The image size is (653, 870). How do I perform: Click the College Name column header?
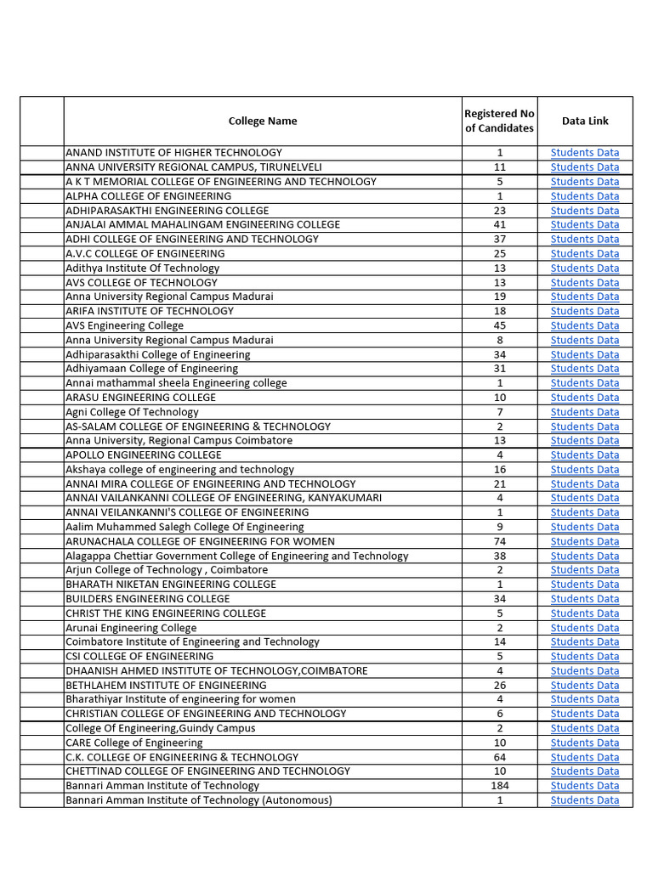click(x=263, y=121)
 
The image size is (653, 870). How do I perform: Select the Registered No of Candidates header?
click(x=499, y=121)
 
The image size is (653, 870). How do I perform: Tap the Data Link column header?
click(x=585, y=121)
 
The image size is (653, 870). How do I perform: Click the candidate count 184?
click(x=499, y=786)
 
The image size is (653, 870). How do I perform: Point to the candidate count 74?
click(x=499, y=541)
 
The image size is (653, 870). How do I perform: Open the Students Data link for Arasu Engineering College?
click(x=585, y=398)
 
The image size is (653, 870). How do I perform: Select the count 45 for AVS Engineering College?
click(x=499, y=325)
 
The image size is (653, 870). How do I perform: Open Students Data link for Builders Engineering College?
click(x=585, y=599)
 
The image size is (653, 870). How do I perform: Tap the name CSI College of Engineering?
click(x=139, y=656)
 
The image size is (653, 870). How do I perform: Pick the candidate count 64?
click(x=499, y=757)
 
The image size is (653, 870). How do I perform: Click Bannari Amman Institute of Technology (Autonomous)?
click(x=199, y=800)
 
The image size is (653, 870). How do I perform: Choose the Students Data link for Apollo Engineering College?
click(x=585, y=455)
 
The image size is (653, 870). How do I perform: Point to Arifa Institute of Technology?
click(x=150, y=311)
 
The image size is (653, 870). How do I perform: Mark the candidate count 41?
click(x=499, y=224)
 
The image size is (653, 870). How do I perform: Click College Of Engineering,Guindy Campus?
click(x=160, y=728)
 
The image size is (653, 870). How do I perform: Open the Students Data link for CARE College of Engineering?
click(x=585, y=743)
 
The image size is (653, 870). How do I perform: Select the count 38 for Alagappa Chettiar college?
click(x=499, y=556)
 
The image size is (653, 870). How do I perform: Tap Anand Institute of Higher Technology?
click(x=173, y=153)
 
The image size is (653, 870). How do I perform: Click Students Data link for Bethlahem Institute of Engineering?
click(x=585, y=685)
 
